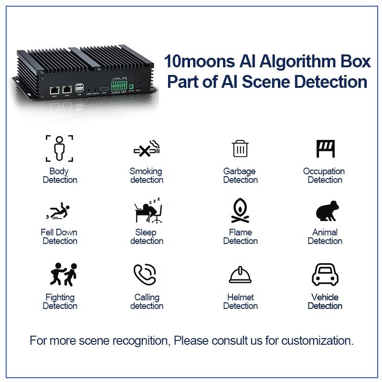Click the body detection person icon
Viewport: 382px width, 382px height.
coord(60,148)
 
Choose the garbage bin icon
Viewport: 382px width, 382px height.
coord(240,149)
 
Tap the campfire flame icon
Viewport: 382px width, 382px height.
coord(240,210)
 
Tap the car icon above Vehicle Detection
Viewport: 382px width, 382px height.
coord(325,274)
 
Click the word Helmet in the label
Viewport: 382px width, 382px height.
coord(241,297)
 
